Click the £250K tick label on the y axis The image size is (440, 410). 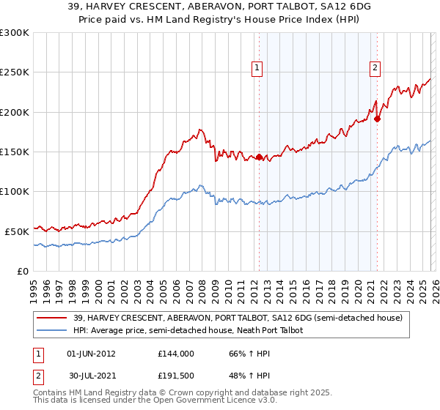[x=15, y=72]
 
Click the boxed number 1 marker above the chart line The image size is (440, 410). [x=258, y=68]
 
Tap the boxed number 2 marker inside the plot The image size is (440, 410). [x=375, y=68]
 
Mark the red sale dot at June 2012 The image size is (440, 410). [x=259, y=157]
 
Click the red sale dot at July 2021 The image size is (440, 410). [x=377, y=119]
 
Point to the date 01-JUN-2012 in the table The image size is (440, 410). [x=91, y=353]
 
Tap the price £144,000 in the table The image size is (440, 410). [x=175, y=353]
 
